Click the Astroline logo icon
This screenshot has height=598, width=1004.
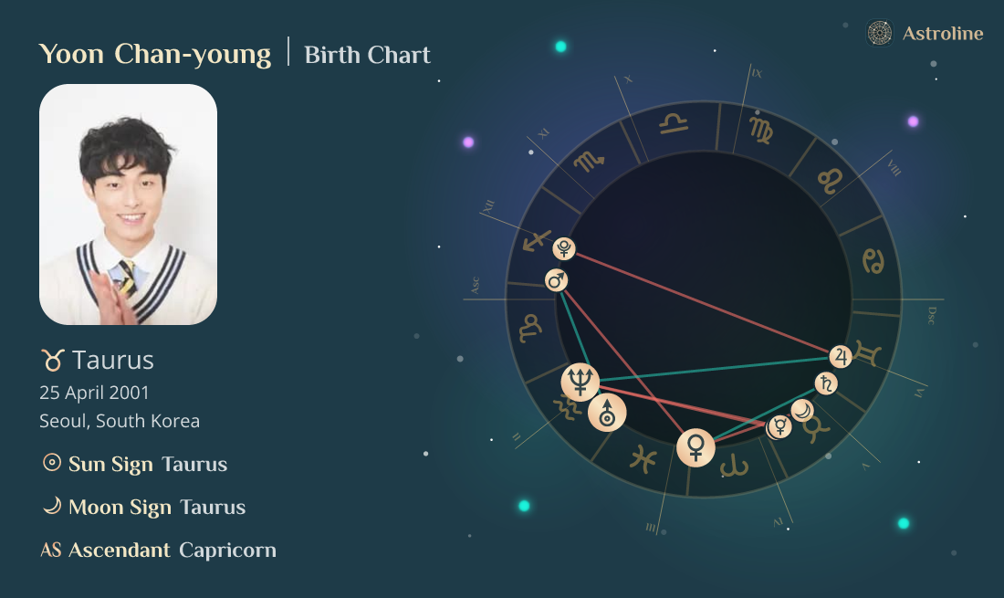click(879, 34)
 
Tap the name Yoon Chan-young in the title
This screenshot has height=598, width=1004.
click(155, 54)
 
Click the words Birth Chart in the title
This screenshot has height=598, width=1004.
click(367, 55)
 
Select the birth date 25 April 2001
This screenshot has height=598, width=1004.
click(94, 393)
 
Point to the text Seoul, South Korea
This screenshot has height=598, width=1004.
click(120, 421)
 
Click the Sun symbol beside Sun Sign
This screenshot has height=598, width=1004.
click(52, 463)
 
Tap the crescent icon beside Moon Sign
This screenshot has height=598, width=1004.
click(52, 506)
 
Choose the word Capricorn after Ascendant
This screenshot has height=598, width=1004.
click(227, 550)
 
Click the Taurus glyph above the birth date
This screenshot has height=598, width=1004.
click(52, 361)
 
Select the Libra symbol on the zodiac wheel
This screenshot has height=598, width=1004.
click(675, 123)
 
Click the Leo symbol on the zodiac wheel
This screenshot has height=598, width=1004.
click(829, 180)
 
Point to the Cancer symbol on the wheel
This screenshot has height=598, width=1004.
click(873, 260)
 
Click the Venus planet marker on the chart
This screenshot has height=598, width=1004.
click(696, 447)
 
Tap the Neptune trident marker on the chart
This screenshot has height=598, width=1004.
click(580, 379)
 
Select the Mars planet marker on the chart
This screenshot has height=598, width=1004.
click(556, 279)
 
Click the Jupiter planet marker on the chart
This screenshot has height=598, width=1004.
click(841, 356)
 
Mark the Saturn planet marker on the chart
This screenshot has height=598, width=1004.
click(825, 383)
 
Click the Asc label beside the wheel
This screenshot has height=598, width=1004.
click(475, 285)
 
